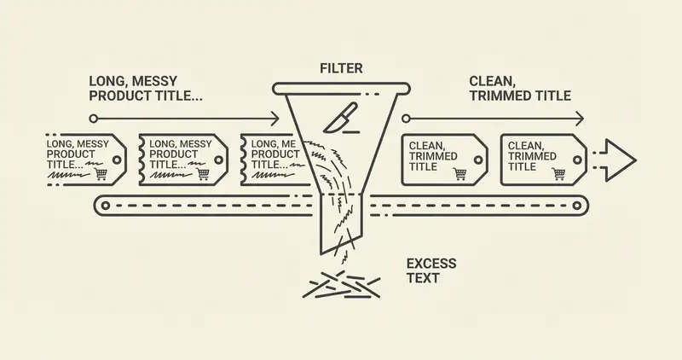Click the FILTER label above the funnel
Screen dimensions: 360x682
pos(342,67)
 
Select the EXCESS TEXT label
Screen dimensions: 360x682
pos(431,270)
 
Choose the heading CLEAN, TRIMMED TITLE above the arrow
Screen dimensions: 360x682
pos(520,88)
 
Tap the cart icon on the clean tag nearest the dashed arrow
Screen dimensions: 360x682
pos(559,173)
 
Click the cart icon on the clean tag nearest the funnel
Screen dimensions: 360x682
pos(461,173)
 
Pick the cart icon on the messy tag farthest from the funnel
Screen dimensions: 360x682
pos(101,173)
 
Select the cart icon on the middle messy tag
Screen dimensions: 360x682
pos(203,173)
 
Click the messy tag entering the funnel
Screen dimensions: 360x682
pos(271,158)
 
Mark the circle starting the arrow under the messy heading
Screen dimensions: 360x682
pos(94,119)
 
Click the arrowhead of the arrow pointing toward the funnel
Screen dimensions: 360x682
pos(275,119)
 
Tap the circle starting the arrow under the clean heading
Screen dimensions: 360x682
pos(407,119)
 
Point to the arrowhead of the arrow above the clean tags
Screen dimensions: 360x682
pos(581,119)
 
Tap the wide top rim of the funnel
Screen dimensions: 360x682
pos(341,87)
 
